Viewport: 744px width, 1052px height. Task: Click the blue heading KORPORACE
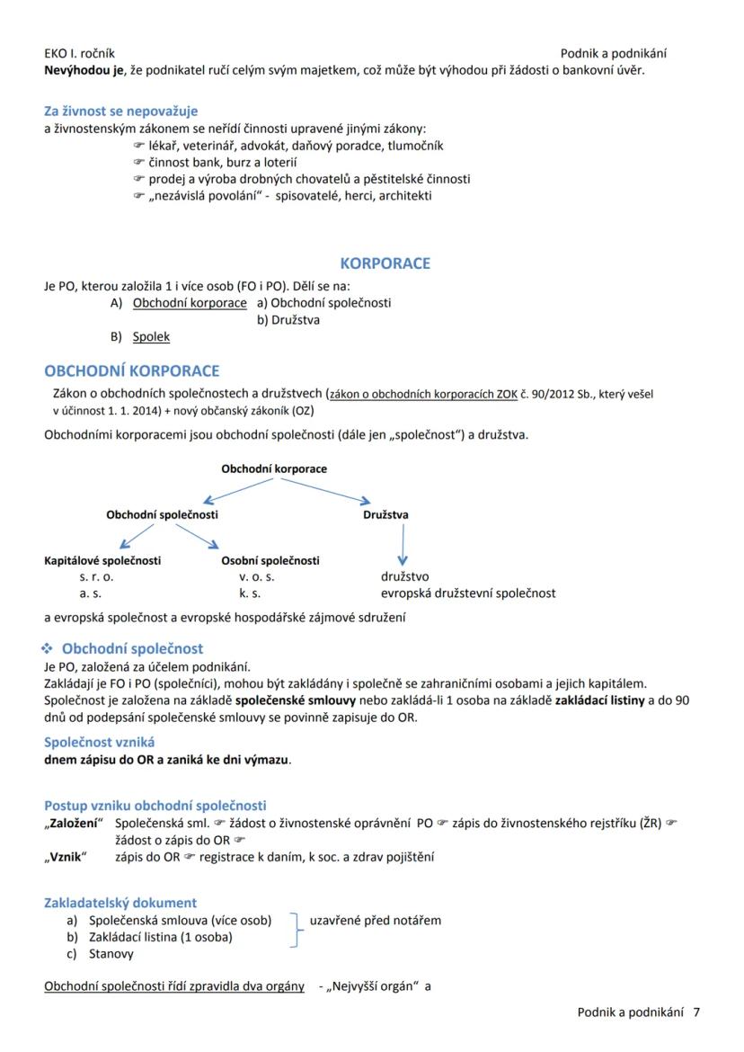click(x=385, y=263)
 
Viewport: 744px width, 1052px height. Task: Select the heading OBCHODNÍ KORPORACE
click(x=131, y=370)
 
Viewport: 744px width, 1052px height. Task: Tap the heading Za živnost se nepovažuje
click(x=120, y=111)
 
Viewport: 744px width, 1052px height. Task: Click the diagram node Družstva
click(x=385, y=515)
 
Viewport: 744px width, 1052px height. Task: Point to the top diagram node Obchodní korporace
click(x=274, y=468)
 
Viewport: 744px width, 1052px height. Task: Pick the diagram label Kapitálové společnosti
click(x=102, y=560)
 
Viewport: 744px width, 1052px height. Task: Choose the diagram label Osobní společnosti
click(x=270, y=560)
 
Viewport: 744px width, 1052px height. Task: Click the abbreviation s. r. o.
click(x=96, y=577)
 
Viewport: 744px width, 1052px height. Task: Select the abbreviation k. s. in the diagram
click(x=249, y=593)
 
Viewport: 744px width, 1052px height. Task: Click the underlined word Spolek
click(x=151, y=337)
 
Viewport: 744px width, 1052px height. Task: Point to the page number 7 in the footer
click(x=696, y=1012)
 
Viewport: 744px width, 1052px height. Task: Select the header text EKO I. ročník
click(x=79, y=53)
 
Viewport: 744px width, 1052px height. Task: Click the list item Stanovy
click(x=111, y=954)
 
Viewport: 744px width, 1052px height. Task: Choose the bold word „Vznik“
click(x=65, y=857)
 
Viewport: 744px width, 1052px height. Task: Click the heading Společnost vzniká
click(x=99, y=742)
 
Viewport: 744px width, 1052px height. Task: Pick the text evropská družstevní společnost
click(x=467, y=593)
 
